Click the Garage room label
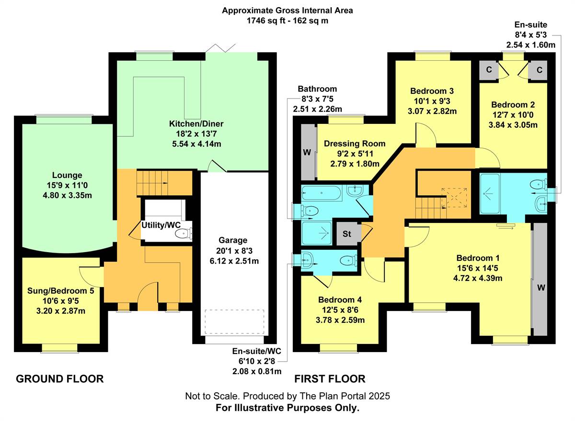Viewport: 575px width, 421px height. coord(233,240)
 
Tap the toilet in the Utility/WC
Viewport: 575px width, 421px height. coord(183,233)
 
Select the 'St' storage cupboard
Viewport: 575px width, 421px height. coord(346,233)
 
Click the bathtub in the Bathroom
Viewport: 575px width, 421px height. coord(322,193)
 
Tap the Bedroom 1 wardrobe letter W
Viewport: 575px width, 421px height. coord(541,288)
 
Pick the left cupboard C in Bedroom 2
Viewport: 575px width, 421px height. coord(489,70)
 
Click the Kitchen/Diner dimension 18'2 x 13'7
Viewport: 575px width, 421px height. coord(196,134)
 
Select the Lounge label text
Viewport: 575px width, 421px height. coord(67,175)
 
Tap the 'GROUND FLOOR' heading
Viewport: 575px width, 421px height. coord(60,379)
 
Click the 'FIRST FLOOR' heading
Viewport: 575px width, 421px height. coord(330,379)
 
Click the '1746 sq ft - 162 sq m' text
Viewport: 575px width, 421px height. coord(287,21)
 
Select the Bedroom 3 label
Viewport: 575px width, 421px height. coord(432,91)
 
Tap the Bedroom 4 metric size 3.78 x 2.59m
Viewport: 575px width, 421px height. coord(340,320)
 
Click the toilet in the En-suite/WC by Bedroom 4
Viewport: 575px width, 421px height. coord(348,261)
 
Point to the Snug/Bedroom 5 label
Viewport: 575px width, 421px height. coord(60,291)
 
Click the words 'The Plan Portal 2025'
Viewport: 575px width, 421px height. coord(345,396)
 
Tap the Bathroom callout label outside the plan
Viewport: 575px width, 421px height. coord(317,89)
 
